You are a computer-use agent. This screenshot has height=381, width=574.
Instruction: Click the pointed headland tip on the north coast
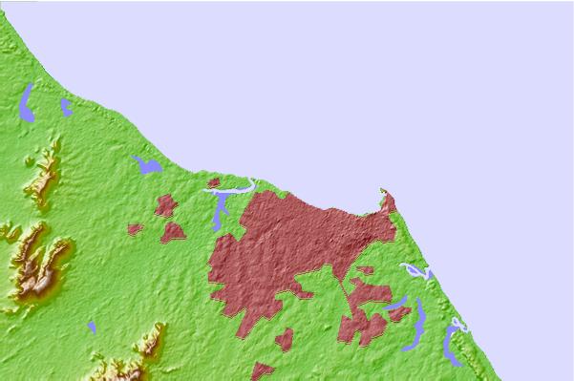(387, 193)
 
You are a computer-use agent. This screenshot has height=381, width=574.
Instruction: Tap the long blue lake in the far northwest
(28, 102)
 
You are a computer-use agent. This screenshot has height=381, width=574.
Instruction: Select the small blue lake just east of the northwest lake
(65, 107)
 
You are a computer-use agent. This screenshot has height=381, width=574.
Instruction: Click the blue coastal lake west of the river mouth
(147, 166)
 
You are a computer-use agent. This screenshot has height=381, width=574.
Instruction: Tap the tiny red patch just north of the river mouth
(214, 181)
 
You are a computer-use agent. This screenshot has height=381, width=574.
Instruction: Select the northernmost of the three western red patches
(165, 204)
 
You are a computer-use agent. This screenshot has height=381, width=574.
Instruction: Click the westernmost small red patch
(135, 229)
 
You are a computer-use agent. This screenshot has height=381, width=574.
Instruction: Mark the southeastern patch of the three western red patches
(173, 231)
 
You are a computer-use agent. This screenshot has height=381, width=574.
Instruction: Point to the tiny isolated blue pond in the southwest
(92, 328)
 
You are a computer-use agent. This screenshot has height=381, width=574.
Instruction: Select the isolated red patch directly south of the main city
(284, 339)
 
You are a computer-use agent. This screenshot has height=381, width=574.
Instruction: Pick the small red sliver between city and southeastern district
(364, 270)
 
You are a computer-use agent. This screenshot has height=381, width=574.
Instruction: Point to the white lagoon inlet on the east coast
(416, 271)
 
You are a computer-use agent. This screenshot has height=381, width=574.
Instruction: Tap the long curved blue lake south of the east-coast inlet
(417, 325)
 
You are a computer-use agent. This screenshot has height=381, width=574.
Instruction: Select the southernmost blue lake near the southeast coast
(451, 344)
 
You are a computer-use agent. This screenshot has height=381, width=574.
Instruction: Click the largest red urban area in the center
(287, 248)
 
